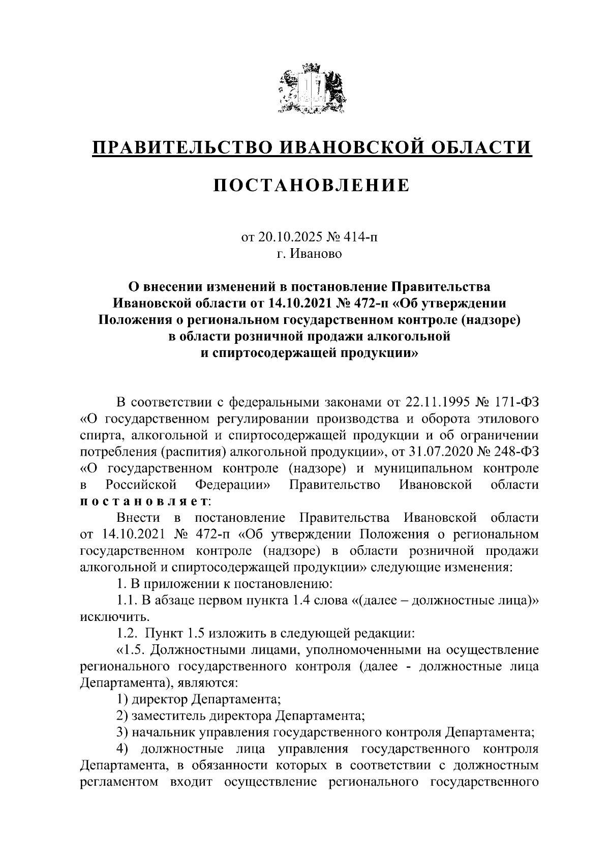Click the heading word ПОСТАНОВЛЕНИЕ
tap(311, 185)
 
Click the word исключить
tap(107, 617)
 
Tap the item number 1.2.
tap(127, 634)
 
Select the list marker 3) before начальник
tap(122, 732)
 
